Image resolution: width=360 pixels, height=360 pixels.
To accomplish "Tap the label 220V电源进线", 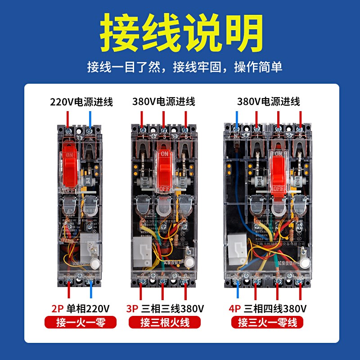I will (x=81, y=102).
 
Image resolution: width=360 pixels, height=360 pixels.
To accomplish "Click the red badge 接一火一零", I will (x=81, y=322).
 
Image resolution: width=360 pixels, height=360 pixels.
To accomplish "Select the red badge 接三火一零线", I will (x=267, y=322).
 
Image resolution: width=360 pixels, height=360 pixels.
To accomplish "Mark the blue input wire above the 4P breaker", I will (x=237, y=118).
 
